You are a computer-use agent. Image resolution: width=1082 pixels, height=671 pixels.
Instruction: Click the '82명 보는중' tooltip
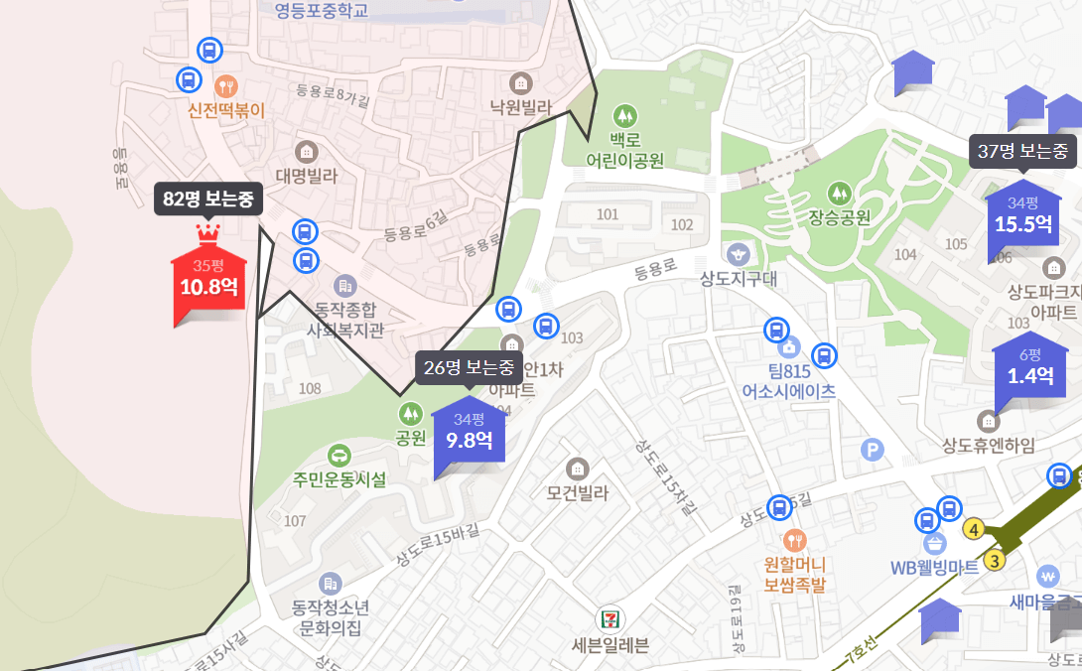coord(208,201)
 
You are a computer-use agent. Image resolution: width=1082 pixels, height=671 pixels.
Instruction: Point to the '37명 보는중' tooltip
coord(1022,152)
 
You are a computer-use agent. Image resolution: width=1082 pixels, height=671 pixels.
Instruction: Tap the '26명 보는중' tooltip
coord(470,367)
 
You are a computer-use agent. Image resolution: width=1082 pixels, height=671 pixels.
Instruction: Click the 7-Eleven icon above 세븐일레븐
coord(609,618)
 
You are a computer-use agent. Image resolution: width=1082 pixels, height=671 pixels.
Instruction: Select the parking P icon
coord(873,451)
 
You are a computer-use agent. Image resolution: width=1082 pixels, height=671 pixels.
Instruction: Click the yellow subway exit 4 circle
coord(975,530)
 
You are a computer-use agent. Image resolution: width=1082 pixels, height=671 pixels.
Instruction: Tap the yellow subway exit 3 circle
coord(996,560)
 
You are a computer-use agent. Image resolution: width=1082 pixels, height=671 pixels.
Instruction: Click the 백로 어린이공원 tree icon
coord(623,114)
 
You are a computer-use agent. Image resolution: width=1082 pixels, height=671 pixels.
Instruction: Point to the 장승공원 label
coord(839,216)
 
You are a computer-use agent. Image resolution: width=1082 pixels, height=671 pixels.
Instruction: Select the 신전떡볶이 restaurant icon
coord(226,85)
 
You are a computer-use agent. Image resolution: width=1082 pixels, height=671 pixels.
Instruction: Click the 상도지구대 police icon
coord(736,254)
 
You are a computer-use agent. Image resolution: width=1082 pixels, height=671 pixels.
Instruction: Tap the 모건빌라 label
coord(577,492)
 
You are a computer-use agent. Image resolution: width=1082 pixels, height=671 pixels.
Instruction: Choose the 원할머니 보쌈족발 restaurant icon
coord(794,541)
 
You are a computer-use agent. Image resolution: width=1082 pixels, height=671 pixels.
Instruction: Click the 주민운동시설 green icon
coord(338,456)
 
